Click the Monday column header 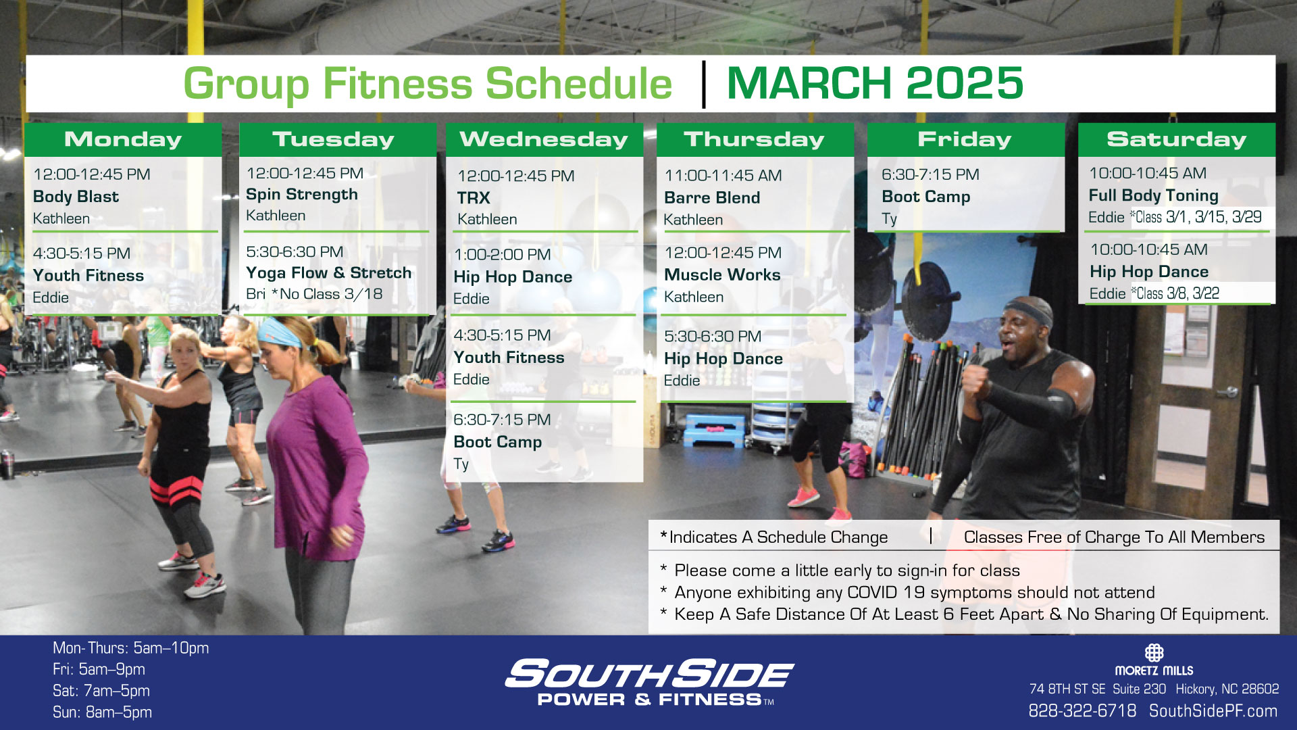[x=123, y=139]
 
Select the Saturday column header [x=1176, y=139]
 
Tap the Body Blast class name [x=76, y=197]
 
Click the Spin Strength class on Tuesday [x=302, y=195]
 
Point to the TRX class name [x=473, y=198]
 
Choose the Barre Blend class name [x=712, y=197]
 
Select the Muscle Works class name [x=722, y=274]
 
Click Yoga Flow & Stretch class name [x=328, y=272]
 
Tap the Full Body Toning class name [x=1153, y=195]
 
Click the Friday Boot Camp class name [x=925, y=197]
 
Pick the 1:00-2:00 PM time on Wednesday [x=502, y=255]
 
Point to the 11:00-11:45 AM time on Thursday [x=723, y=176]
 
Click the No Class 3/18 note [x=327, y=294]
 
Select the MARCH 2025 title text [x=875, y=83]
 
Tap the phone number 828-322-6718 [x=1082, y=711]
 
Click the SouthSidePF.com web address [x=1213, y=711]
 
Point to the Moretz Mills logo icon [x=1154, y=652]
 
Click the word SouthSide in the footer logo [x=649, y=674]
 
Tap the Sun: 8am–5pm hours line [x=102, y=712]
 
